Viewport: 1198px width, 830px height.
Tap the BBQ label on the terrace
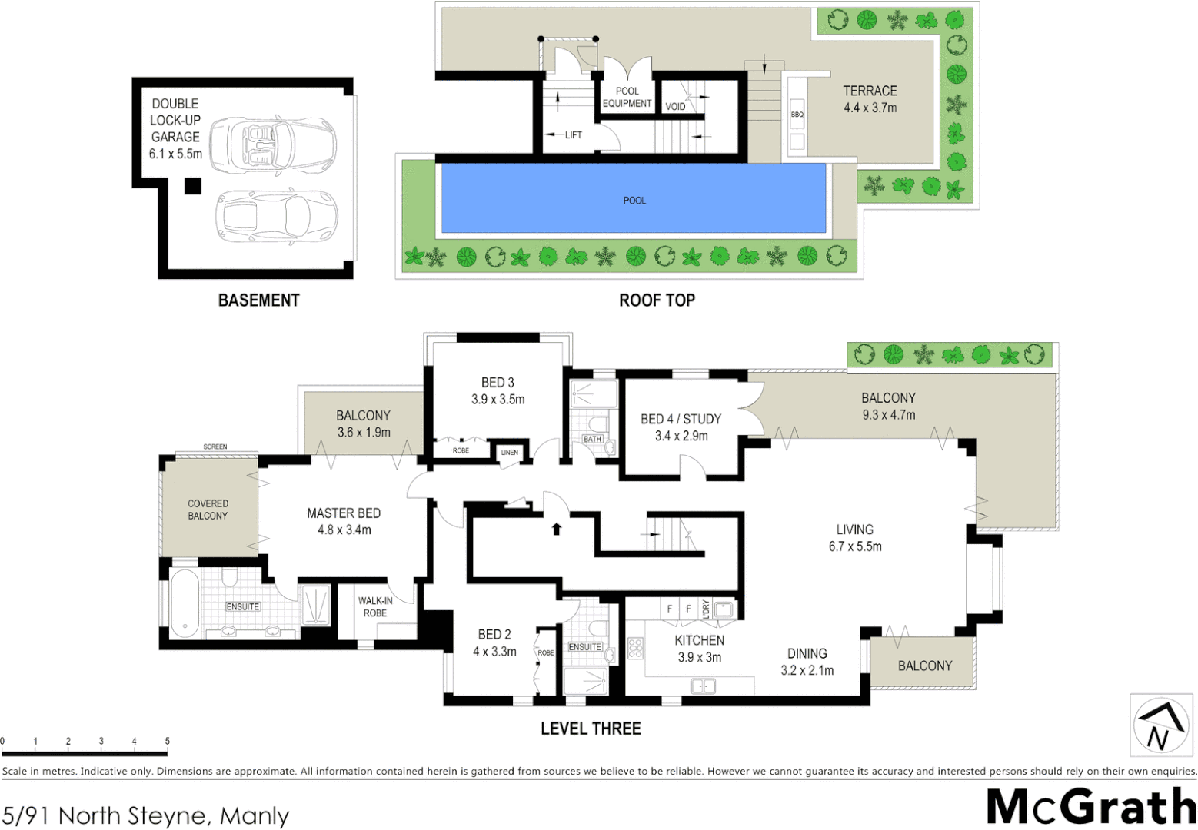pyautogui.click(x=797, y=115)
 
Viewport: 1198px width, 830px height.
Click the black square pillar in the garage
pyautogui.click(x=192, y=185)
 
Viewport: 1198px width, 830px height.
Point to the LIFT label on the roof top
pyautogui.click(x=573, y=134)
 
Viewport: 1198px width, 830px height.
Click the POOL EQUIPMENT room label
pyautogui.click(x=627, y=97)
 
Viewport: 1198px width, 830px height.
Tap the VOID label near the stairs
pyautogui.click(x=675, y=106)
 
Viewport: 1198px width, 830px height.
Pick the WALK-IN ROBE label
pyautogui.click(x=374, y=606)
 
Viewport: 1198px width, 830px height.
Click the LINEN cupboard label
pyautogui.click(x=510, y=453)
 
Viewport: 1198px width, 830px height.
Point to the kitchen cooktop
pyautogui.click(x=635, y=648)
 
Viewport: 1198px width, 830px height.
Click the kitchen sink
pyautogui.click(x=703, y=686)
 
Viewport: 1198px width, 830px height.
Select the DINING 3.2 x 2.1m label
pyautogui.click(x=807, y=662)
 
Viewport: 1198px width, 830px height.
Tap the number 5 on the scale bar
pyautogui.click(x=167, y=742)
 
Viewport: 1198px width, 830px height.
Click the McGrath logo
pyautogui.click(x=1090, y=806)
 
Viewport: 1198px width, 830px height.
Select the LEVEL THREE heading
pyautogui.click(x=591, y=729)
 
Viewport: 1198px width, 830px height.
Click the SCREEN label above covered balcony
pyautogui.click(x=215, y=447)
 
